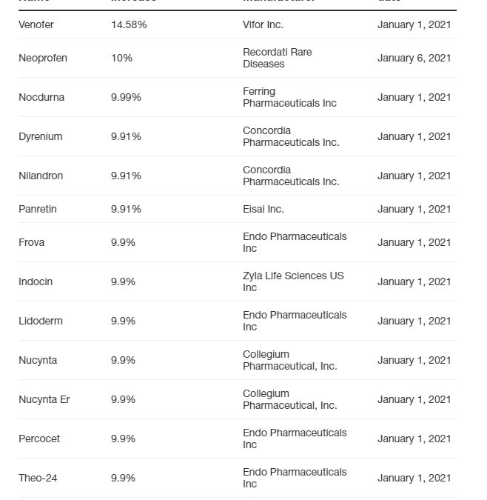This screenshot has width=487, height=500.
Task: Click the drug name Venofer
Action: (x=36, y=24)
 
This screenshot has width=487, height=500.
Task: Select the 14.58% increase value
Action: (x=129, y=24)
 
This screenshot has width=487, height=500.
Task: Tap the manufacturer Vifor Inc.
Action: (x=263, y=24)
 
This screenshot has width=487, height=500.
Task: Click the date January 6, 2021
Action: (x=414, y=58)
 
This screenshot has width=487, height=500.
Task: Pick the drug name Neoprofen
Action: (x=43, y=58)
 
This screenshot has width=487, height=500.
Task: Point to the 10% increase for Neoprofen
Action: (x=121, y=58)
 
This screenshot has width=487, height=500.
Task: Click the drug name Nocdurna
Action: (x=41, y=97)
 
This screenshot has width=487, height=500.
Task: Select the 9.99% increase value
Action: (x=126, y=97)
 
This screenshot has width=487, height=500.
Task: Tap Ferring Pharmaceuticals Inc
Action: (x=289, y=97)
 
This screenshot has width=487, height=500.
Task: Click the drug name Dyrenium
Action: (x=41, y=136)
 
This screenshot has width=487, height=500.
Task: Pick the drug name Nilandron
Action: (x=41, y=176)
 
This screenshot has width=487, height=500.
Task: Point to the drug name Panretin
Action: (x=38, y=209)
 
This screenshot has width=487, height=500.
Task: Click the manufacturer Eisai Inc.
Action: (x=263, y=209)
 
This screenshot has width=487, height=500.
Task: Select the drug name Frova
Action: (x=32, y=242)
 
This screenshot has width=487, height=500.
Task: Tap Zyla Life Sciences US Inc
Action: (x=293, y=281)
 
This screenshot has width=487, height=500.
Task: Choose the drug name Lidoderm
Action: (x=40, y=321)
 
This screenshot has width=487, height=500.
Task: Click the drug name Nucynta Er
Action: (x=44, y=399)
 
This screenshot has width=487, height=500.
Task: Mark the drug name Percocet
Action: (x=39, y=439)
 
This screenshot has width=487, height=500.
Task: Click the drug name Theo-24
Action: (x=38, y=478)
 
